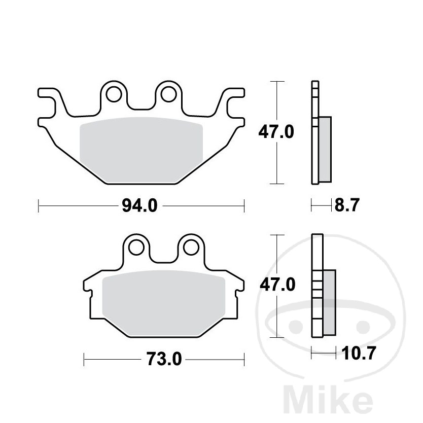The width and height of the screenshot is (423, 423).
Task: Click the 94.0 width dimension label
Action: point(139,206)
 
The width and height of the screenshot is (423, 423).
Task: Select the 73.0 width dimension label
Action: point(164,359)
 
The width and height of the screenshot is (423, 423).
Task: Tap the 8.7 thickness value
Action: point(347,205)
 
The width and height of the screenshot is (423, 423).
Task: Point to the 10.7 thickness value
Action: point(359,353)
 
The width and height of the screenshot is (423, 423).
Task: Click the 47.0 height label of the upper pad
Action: point(276,132)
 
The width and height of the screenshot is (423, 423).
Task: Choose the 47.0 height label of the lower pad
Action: point(277,285)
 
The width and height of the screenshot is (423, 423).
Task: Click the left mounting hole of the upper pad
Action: point(114,94)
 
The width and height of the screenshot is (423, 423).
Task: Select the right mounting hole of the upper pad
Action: point(168,94)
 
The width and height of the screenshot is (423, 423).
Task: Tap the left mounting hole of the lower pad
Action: point(136,248)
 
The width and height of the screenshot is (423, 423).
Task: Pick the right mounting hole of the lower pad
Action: point(191,248)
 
